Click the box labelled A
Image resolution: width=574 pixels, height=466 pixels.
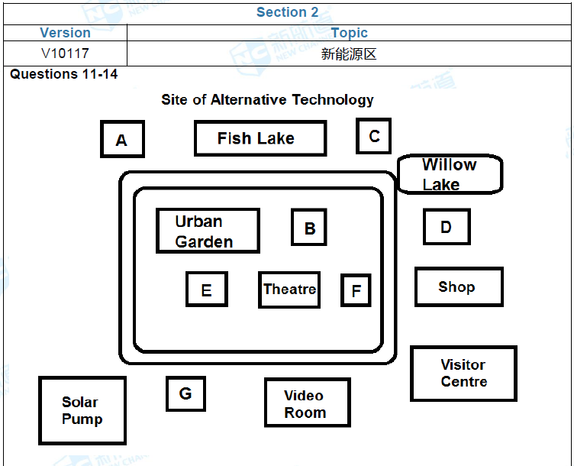[122, 139]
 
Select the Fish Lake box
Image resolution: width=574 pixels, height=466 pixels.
[260, 138]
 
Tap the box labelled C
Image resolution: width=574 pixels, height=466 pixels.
[373, 136]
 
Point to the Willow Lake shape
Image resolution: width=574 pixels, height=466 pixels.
[450, 174]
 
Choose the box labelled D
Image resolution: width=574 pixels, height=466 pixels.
[447, 227]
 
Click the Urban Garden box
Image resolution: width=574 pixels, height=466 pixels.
[207, 231]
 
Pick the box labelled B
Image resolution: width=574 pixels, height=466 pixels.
[309, 228]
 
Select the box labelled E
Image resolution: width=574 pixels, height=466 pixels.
[206, 290]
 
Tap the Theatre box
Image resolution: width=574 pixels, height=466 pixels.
[289, 290]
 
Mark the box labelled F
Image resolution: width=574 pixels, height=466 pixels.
[356, 290]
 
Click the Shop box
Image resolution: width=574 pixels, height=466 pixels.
[459, 286]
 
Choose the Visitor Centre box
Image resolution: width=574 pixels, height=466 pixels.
[463, 373]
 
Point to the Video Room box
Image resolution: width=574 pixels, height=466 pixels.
[307, 403]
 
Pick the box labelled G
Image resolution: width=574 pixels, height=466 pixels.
[185, 393]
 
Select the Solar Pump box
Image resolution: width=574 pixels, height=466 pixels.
[82, 410]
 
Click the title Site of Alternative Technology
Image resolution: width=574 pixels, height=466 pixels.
[267, 100]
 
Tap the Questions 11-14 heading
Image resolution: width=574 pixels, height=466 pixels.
[64, 75]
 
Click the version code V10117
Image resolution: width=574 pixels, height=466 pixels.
[65, 54]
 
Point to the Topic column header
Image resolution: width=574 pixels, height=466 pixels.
[349, 33]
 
